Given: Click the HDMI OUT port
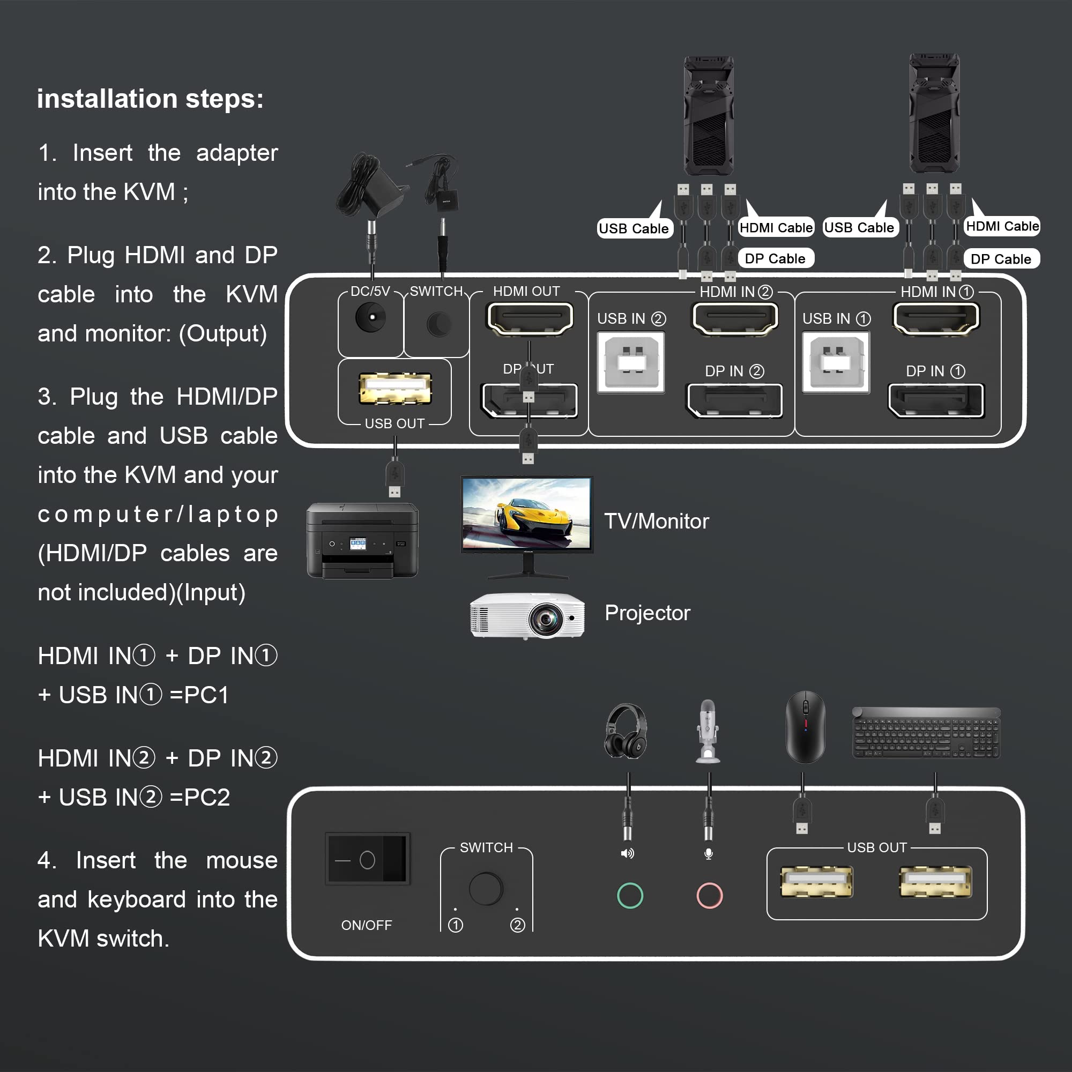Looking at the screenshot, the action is [x=530, y=318].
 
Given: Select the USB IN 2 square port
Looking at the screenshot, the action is [x=631, y=362].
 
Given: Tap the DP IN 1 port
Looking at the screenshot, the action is [x=936, y=400].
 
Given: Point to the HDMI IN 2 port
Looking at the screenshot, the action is [x=735, y=318].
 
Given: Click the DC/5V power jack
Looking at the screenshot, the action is [x=371, y=317].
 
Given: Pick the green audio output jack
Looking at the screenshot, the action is [x=630, y=896].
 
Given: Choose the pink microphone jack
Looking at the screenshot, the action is [x=709, y=896].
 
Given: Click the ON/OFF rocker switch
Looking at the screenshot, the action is [x=367, y=859].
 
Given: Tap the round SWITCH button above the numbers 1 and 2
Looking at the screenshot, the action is [x=486, y=889].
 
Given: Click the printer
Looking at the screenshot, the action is [x=362, y=540].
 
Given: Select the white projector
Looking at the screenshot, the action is [x=527, y=615].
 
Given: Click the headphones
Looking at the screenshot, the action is [x=626, y=730].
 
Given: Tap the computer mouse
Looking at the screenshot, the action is [x=806, y=727].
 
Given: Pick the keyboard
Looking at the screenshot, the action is [x=926, y=732].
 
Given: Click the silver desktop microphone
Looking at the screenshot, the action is [x=708, y=731].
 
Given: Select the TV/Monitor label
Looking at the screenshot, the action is [x=657, y=522].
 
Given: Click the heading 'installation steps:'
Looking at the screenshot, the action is [x=151, y=99].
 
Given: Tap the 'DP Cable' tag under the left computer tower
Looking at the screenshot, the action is [x=776, y=258].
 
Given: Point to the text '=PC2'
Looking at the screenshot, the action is [x=200, y=798].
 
